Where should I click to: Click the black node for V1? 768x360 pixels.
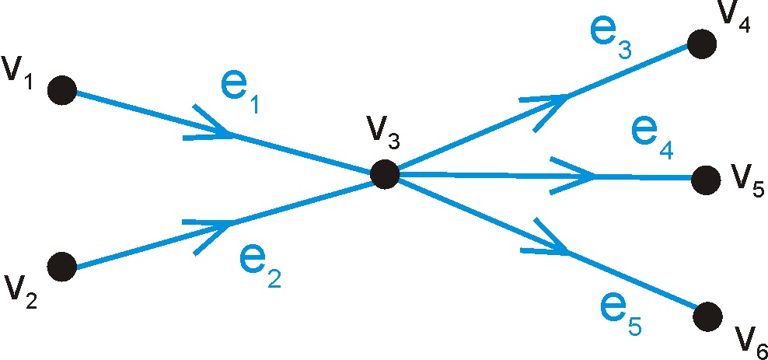tap(61, 91)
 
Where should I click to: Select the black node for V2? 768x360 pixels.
tap(61, 267)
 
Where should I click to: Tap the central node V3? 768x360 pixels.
tap(384, 174)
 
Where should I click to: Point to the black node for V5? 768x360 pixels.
tap(706, 180)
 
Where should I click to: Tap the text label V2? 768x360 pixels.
tap(21, 292)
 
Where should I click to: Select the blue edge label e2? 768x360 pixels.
tap(260, 269)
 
